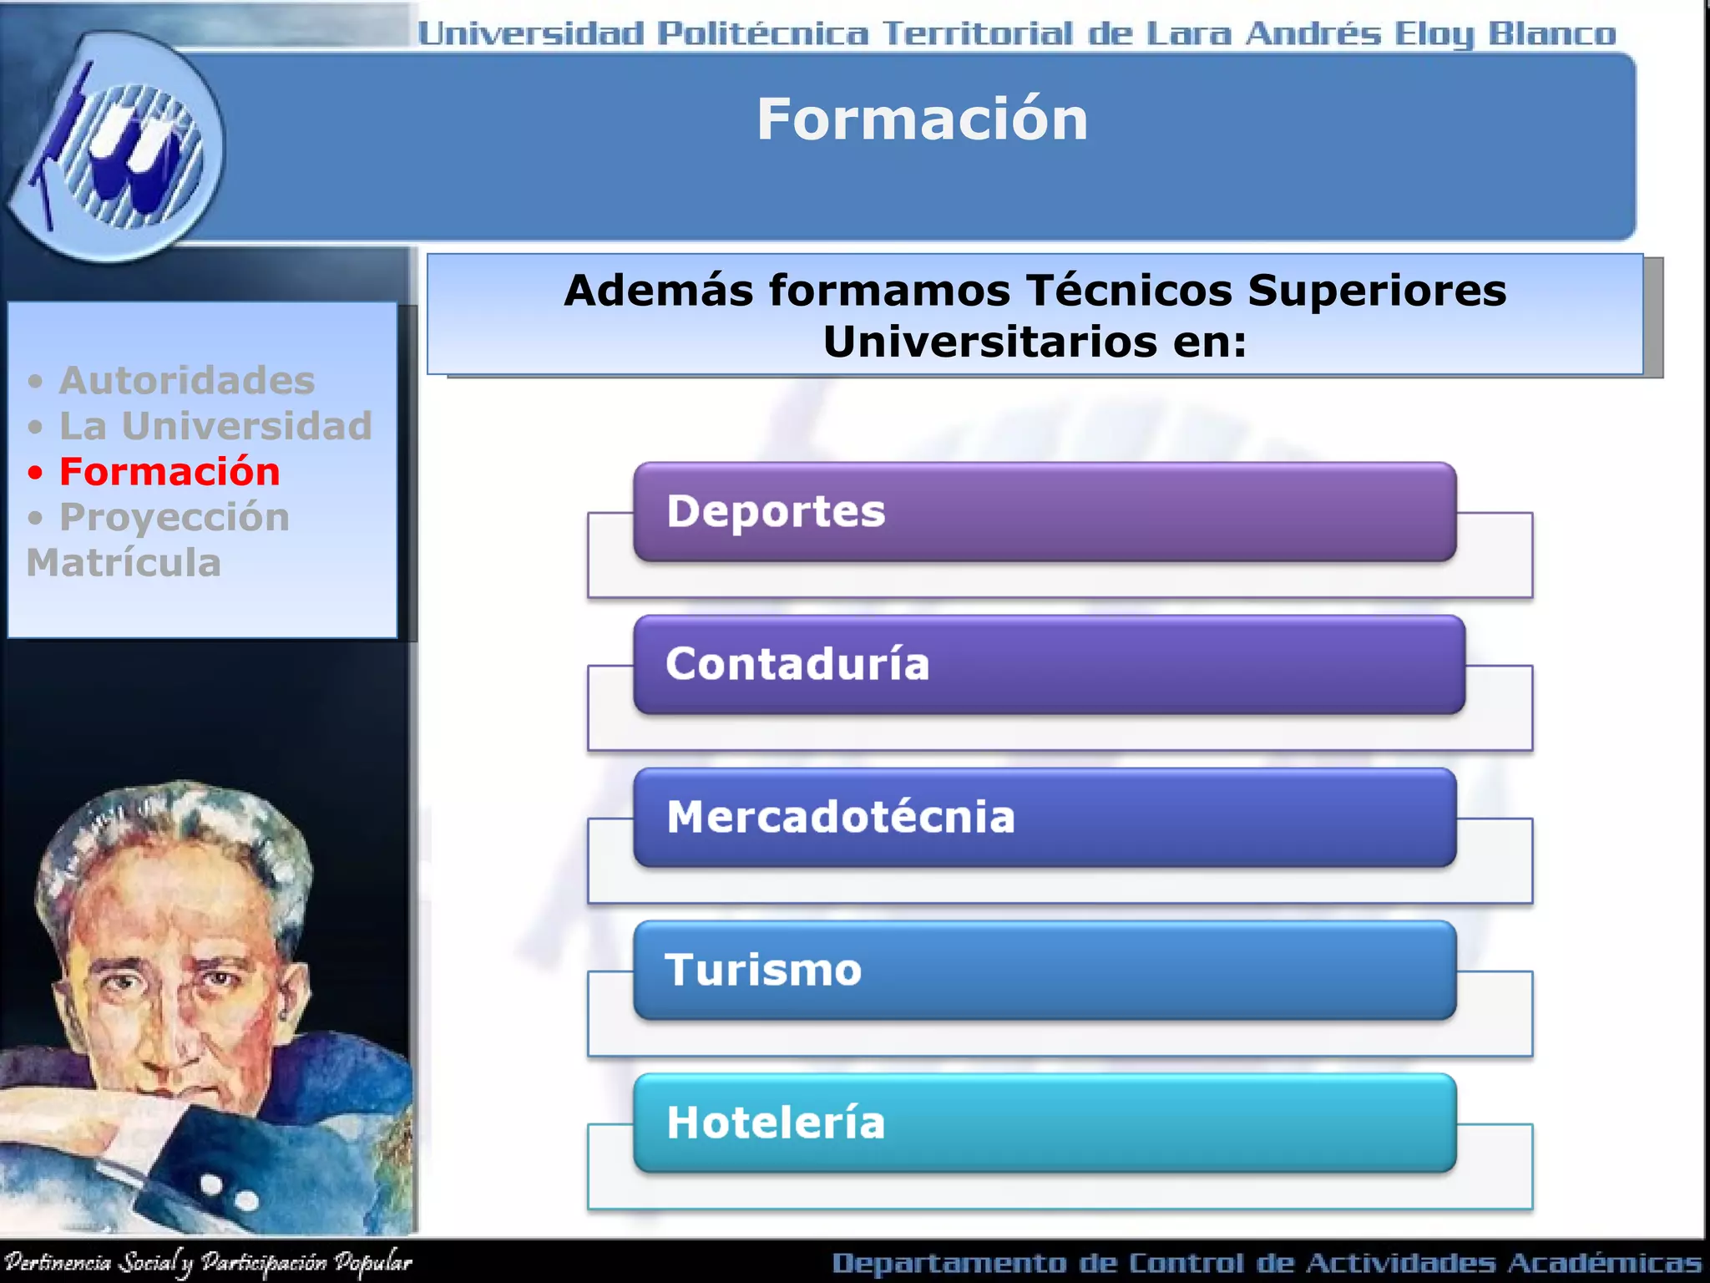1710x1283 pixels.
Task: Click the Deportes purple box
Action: pos(1044,511)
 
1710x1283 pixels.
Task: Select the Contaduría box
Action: pos(1048,664)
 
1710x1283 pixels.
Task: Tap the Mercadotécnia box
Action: pos(1044,817)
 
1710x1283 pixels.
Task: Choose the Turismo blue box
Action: pos(1044,970)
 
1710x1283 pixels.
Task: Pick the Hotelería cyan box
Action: pos(1044,1123)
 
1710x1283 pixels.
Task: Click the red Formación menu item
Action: pos(169,472)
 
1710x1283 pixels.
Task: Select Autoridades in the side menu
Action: pos(186,381)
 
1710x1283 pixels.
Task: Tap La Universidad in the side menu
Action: pos(215,426)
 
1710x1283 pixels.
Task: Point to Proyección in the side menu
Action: pos(174,517)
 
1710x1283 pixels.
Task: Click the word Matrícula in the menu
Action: pos(124,563)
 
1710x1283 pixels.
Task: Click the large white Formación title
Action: pos(922,119)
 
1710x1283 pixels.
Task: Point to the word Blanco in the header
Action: pos(1551,34)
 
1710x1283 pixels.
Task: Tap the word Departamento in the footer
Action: pos(948,1263)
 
